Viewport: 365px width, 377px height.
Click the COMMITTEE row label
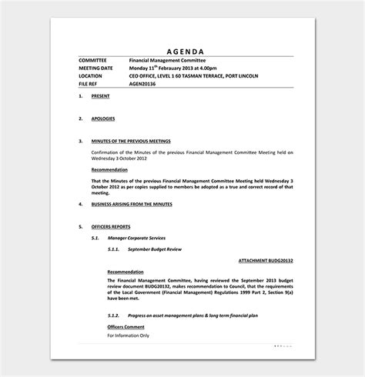click(x=95, y=60)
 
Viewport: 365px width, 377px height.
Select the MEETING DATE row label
click(x=98, y=68)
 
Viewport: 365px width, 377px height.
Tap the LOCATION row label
click(x=93, y=76)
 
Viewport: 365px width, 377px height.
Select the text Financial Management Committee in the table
click(x=167, y=60)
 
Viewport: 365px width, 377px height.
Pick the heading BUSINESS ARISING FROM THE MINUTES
click(x=131, y=204)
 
